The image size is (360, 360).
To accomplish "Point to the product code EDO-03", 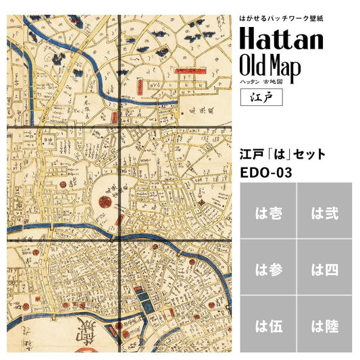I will click(x=266, y=172).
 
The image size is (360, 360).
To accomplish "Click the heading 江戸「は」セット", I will click(x=282, y=154).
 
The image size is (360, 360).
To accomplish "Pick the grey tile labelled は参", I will click(x=267, y=270).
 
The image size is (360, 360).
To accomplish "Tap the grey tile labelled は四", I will click(x=324, y=270).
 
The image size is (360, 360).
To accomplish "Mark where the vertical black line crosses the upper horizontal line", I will click(x=120, y=126).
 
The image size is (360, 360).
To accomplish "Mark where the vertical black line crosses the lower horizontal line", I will click(x=120, y=239).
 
